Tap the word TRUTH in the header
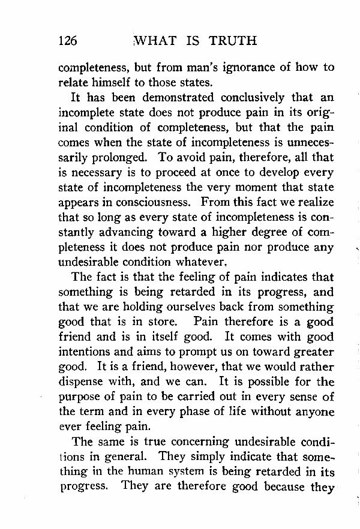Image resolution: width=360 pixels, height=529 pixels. (x=233, y=41)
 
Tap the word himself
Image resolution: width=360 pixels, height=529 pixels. (x=112, y=83)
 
